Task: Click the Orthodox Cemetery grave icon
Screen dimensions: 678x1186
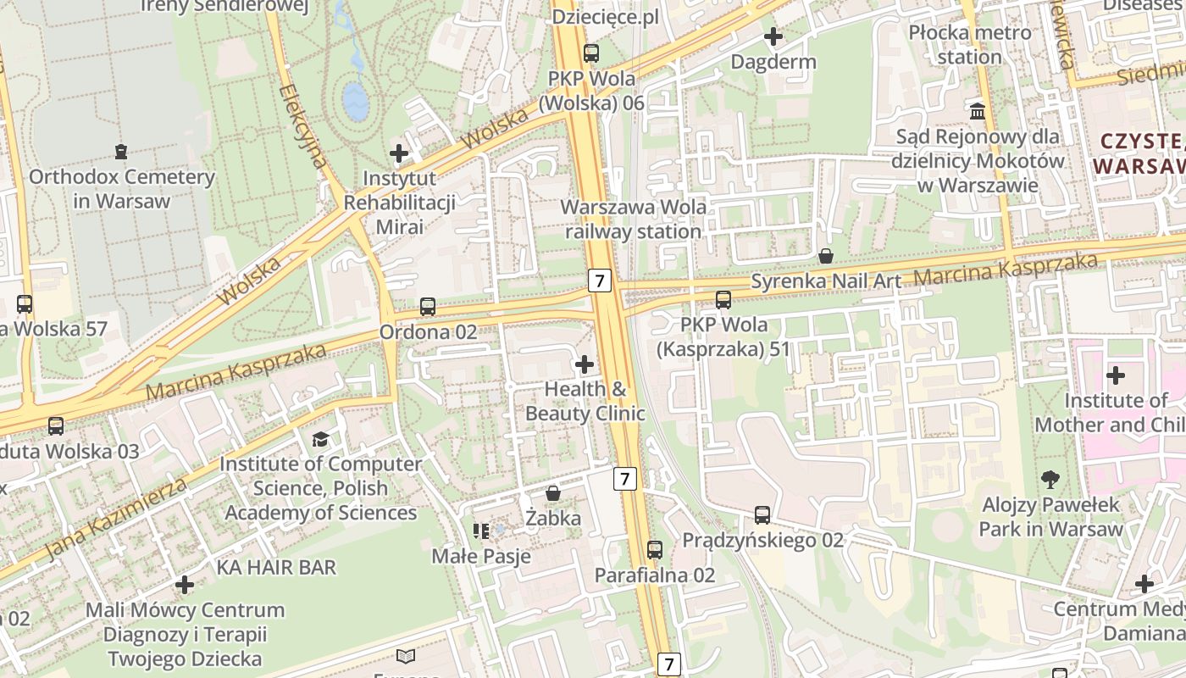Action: point(120,152)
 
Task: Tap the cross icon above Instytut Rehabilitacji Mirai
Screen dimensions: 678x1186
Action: point(399,153)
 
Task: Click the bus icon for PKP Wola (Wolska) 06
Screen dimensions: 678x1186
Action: point(591,53)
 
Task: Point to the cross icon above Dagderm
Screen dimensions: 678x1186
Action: point(773,36)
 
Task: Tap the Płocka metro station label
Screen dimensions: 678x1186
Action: point(970,45)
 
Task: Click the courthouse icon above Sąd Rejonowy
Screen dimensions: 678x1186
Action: point(978,111)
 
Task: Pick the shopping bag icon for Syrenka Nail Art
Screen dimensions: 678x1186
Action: point(826,255)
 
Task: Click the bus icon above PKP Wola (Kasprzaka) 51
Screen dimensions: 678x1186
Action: point(723,299)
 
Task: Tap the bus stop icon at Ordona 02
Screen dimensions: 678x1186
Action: point(428,307)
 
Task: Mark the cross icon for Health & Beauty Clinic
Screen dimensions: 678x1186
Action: point(585,364)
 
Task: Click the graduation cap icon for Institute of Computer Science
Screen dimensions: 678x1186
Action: point(320,439)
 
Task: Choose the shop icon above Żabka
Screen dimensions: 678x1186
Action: point(553,492)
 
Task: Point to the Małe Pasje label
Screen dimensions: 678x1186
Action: point(481,556)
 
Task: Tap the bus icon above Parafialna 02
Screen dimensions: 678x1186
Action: point(655,549)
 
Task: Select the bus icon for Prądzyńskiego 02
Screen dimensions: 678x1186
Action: point(762,514)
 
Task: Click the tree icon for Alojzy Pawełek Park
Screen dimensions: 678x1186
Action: point(1050,480)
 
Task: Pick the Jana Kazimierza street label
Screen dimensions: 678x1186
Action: point(115,518)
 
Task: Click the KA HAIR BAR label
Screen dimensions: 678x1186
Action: point(276,567)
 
